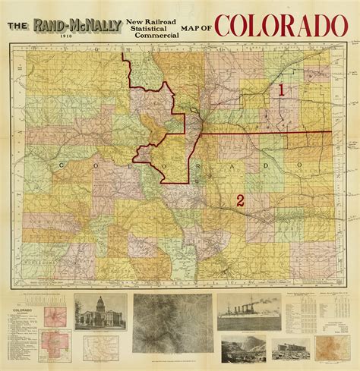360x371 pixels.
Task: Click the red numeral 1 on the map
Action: pyautogui.click(x=281, y=90)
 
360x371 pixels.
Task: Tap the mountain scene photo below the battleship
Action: pyautogui.click(x=247, y=351)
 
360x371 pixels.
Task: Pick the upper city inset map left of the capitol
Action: pyautogui.click(x=58, y=315)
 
